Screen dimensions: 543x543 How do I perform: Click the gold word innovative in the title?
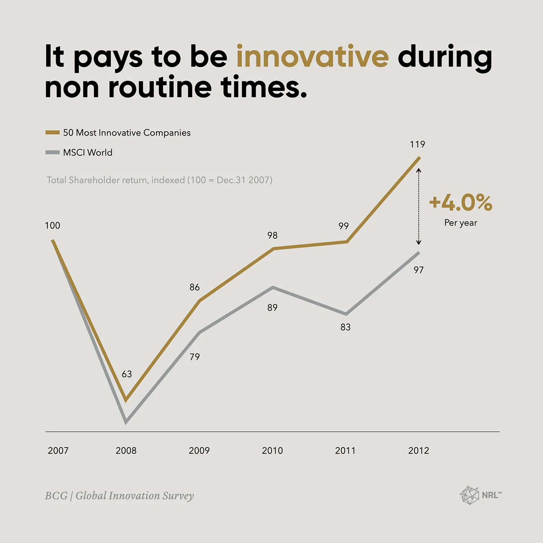point(312,57)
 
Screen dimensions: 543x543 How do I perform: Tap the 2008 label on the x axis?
point(126,450)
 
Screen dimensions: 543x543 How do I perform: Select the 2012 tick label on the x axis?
point(418,450)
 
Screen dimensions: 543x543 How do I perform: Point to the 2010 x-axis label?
point(272,450)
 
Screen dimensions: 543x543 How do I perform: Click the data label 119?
point(417,144)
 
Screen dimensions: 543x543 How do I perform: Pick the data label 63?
point(127,374)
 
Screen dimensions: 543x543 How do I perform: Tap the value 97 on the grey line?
point(418,270)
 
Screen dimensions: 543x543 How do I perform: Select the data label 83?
point(345,327)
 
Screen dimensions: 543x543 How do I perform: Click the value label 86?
point(194,287)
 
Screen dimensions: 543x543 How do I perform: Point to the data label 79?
point(195,357)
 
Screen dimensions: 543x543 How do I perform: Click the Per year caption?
point(460,223)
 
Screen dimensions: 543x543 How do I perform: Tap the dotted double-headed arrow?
point(419,206)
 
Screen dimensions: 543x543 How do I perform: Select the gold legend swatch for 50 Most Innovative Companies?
point(52,133)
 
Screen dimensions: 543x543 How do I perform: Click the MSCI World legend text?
point(88,153)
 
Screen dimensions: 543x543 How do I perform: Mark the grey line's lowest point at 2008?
point(126,422)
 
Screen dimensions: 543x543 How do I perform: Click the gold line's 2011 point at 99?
point(346,242)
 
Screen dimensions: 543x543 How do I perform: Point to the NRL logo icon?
point(469,495)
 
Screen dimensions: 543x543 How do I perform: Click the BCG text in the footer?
point(56,496)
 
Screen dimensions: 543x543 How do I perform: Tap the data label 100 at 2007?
point(52,225)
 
